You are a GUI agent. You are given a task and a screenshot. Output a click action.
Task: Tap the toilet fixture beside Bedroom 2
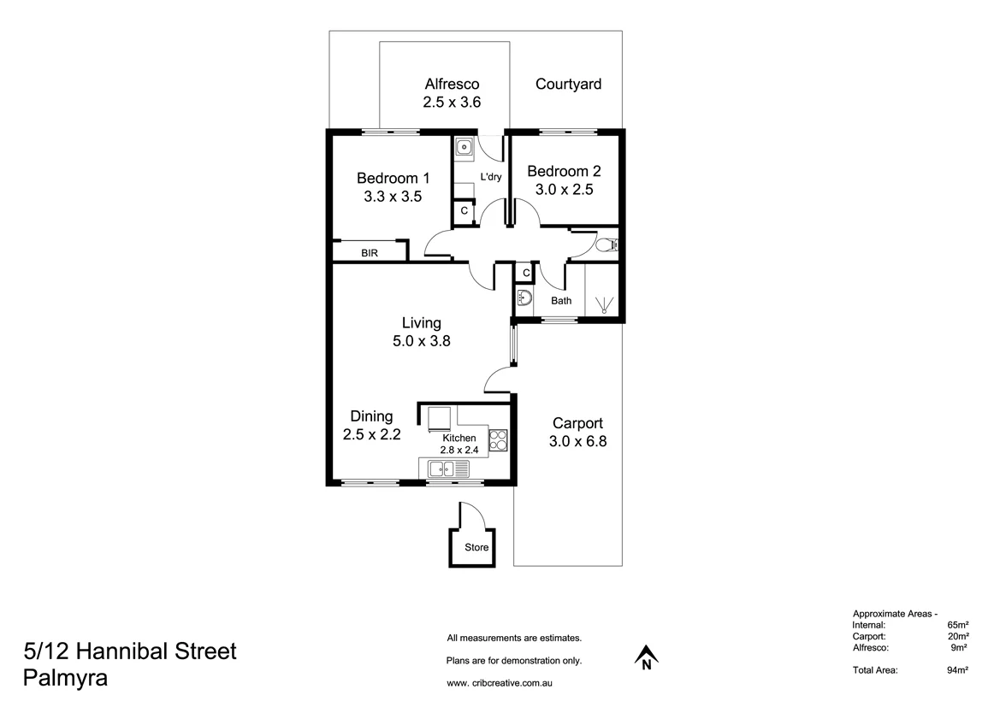(607, 246)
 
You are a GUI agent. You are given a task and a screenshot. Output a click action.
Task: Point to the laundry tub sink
(463, 148)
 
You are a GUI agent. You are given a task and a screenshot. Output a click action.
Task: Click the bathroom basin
(525, 299)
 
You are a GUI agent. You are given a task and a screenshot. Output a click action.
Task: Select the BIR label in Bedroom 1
(370, 253)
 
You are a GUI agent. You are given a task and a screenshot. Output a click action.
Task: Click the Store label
(476, 548)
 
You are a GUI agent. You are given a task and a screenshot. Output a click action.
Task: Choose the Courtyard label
(568, 84)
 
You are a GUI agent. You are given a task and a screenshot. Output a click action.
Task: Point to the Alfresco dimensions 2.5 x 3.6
(452, 102)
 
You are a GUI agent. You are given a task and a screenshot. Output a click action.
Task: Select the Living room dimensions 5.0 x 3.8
(422, 340)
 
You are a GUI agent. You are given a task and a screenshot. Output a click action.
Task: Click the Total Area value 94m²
(957, 671)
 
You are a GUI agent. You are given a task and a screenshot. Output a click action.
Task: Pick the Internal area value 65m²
(957, 625)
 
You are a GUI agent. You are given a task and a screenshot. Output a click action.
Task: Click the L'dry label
(491, 177)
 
